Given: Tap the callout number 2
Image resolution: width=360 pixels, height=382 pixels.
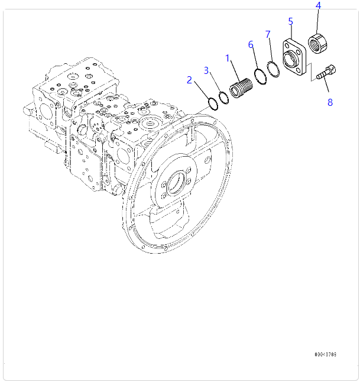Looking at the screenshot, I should (189, 80).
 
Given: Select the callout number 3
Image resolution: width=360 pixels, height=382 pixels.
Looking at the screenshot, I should (206, 70).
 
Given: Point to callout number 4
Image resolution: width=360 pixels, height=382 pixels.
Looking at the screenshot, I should (318, 6).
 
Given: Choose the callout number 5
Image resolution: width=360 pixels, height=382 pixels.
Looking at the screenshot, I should (290, 21).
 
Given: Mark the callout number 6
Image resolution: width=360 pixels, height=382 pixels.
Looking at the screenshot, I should (251, 44).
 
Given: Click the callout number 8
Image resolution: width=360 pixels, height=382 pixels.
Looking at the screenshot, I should (330, 102).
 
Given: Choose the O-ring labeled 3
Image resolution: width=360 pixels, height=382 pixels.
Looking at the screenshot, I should (223, 98).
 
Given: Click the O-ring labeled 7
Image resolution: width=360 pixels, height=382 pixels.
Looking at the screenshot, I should (273, 69).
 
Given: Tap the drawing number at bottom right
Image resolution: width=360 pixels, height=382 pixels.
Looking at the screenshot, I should (325, 355).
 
